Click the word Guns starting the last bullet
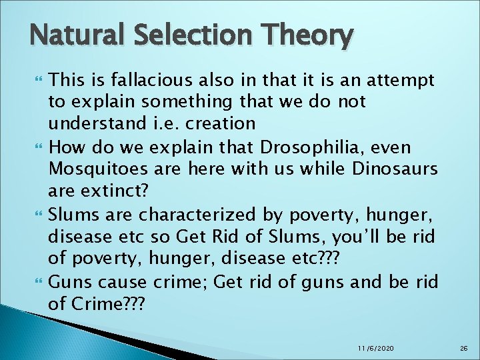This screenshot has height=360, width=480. click(x=69, y=281)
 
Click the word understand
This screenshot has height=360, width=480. click(x=93, y=123)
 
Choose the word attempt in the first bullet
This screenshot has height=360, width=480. click(x=403, y=81)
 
